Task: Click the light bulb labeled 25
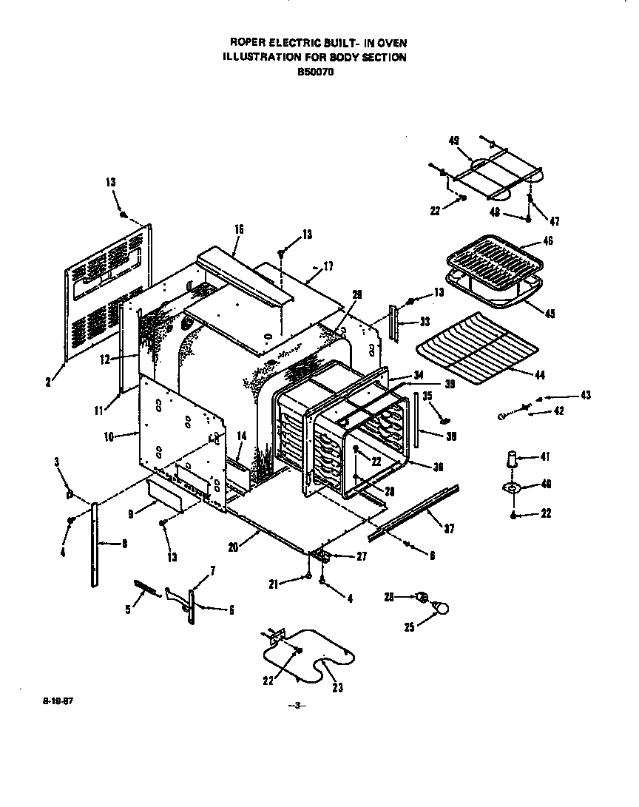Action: coord(442,608)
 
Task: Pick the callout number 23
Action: coord(337,687)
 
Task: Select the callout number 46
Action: coord(547,241)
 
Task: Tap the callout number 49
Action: coord(455,141)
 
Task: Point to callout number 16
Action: coord(239,230)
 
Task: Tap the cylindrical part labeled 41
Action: coord(511,459)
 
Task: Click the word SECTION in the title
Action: coord(384,58)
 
